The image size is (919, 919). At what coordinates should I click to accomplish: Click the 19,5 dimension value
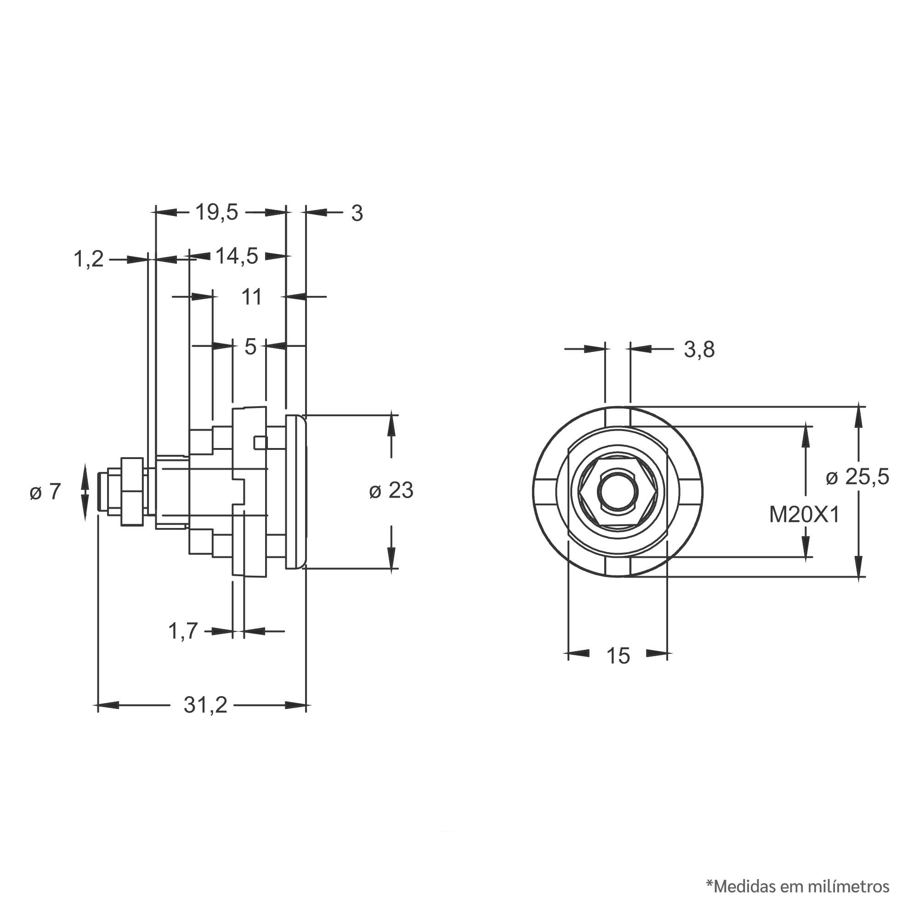pos(216,212)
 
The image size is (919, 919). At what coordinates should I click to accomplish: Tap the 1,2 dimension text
pos(89,259)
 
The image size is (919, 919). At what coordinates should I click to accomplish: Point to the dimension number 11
pos(252,297)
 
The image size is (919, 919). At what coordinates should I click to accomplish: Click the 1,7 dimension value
pos(183,631)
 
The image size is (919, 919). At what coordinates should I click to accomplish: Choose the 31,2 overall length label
pos(205,705)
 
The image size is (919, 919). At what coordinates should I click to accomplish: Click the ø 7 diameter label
pos(45,492)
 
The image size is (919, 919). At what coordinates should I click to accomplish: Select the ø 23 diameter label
pos(391,490)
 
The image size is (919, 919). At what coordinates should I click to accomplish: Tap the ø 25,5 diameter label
pos(857,477)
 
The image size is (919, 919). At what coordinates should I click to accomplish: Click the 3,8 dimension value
pos(699,350)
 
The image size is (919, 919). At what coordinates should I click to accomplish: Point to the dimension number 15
pos(618,656)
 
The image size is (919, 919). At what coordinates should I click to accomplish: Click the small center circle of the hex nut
pos(617,493)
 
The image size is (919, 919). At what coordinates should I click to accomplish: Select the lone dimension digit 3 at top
pos(357,214)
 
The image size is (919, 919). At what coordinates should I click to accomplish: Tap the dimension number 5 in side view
pos(250,347)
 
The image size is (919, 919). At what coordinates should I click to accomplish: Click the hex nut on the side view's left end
pos(132,492)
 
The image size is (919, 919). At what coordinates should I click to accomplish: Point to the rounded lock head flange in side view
pos(295,492)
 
